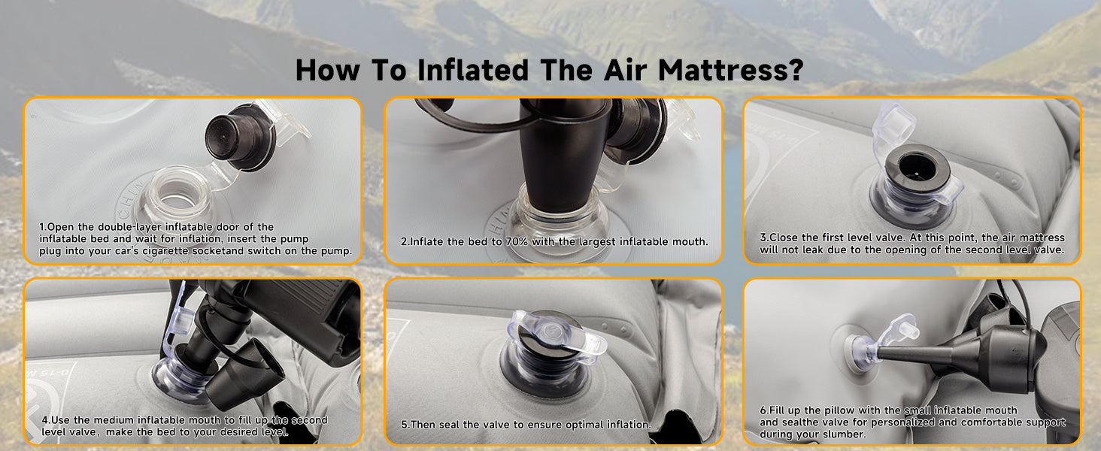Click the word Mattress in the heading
[x=722, y=70]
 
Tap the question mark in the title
[x=795, y=70]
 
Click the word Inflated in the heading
[x=473, y=70]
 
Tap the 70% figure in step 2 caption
[x=516, y=242]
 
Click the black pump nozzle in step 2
[x=563, y=157]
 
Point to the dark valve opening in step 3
[x=916, y=165]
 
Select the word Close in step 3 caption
[x=783, y=238]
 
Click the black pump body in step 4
[x=295, y=314]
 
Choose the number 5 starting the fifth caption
[x=405, y=425]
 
